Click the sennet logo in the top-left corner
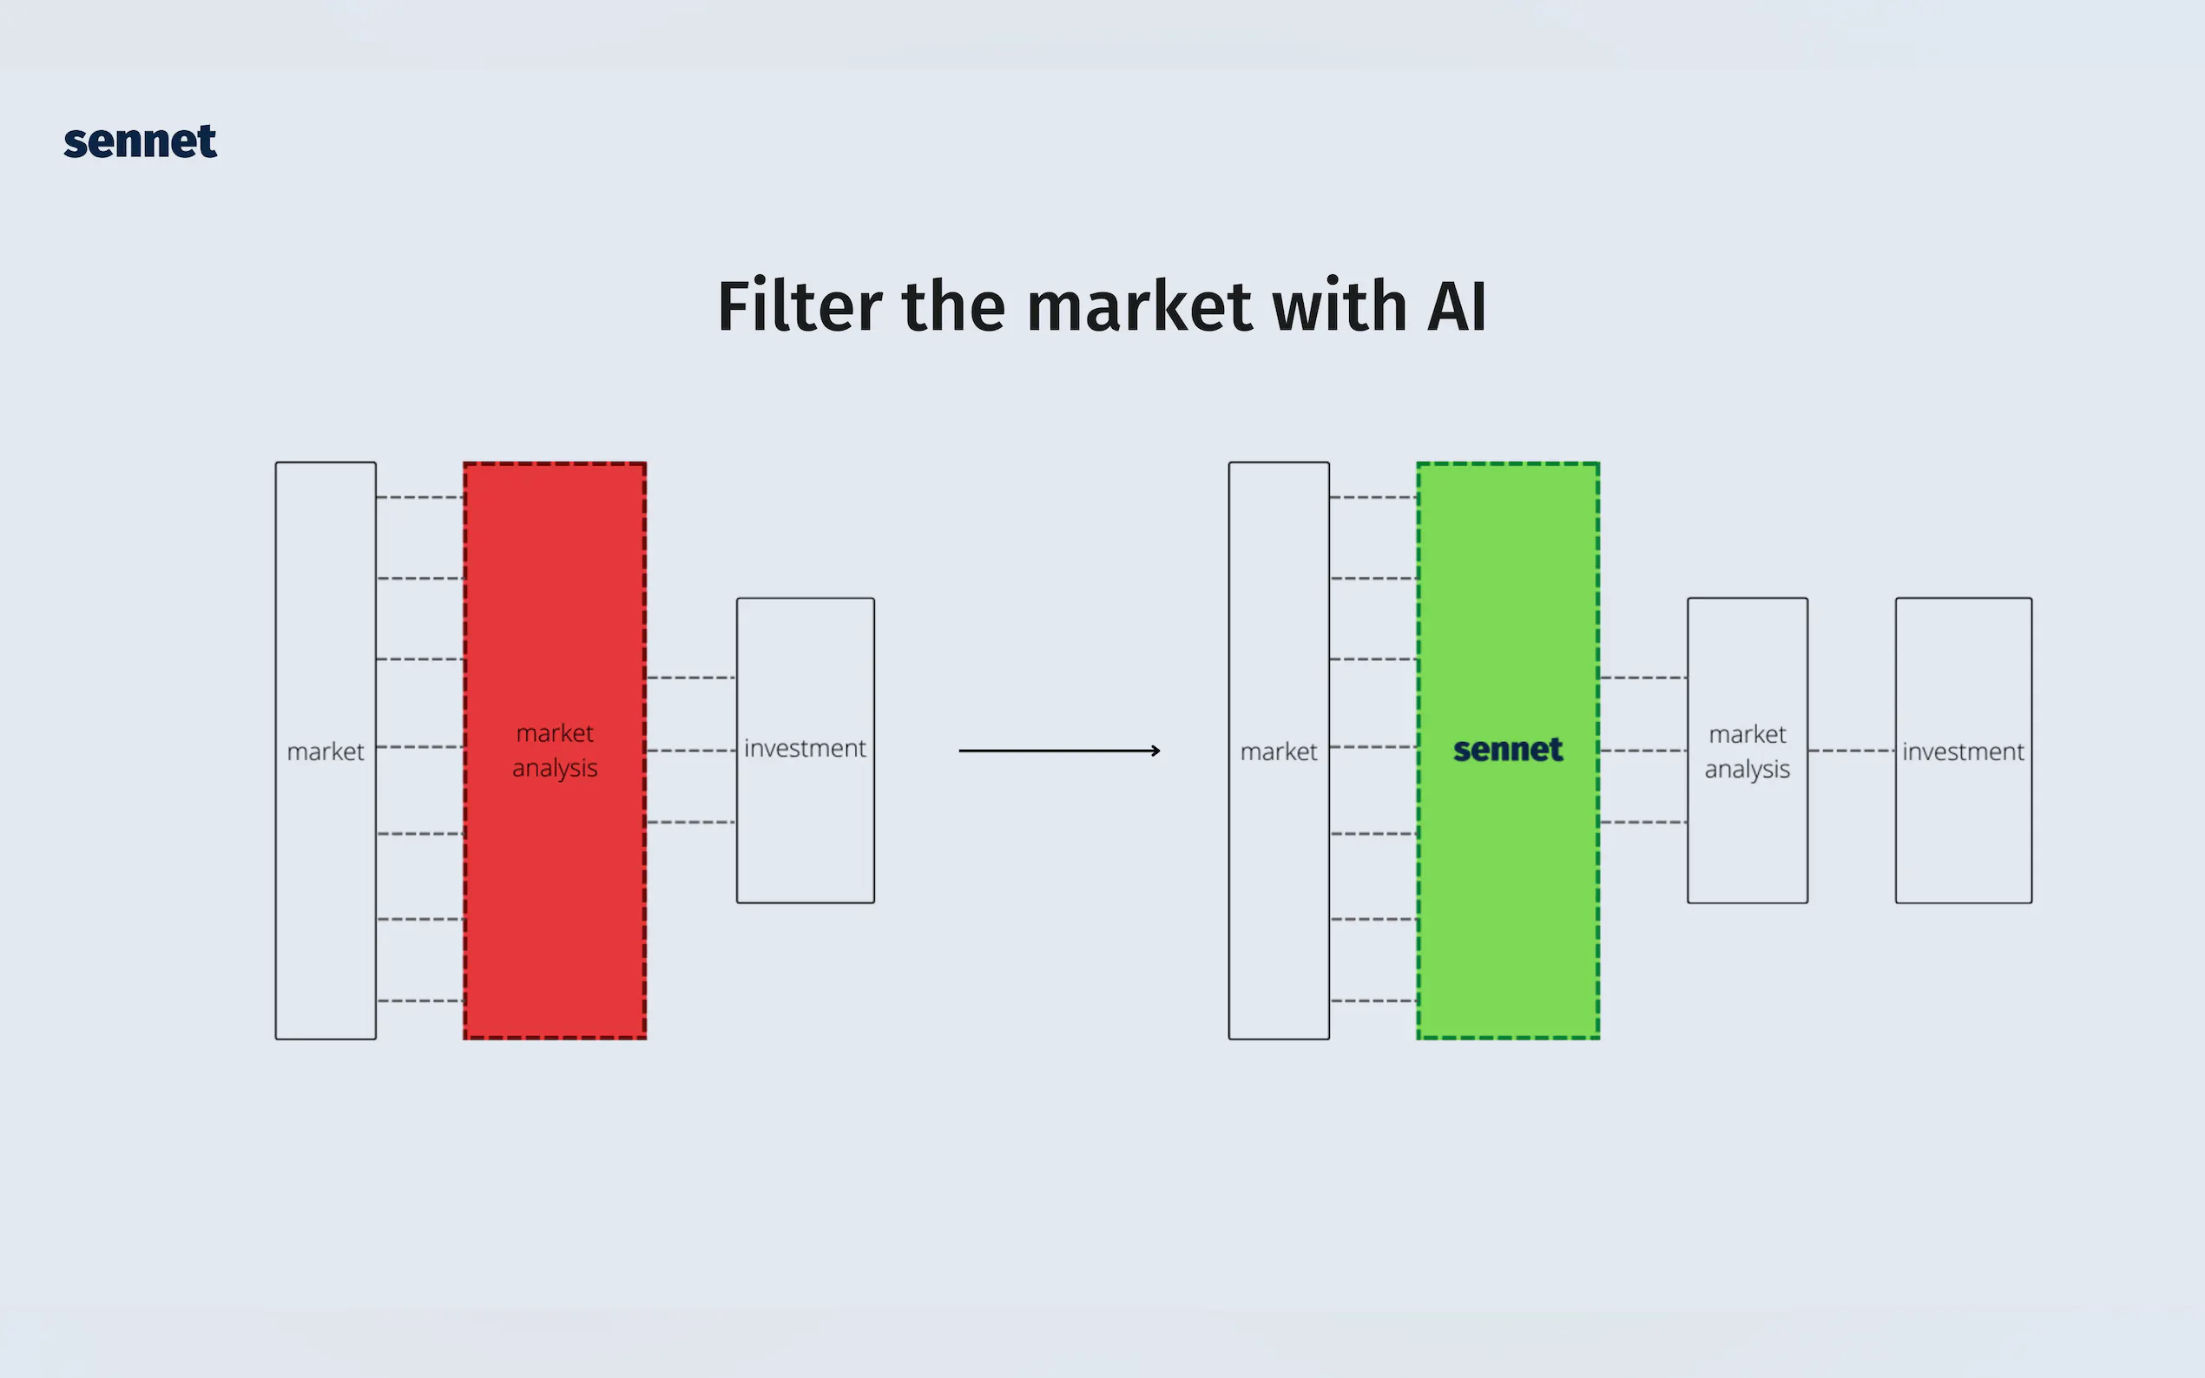click(141, 142)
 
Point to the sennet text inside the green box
click(1508, 750)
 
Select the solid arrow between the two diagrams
click(1057, 751)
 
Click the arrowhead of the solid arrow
click(1155, 751)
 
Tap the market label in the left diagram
click(326, 751)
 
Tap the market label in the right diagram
click(1278, 751)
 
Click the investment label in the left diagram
click(805, 748)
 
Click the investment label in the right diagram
click(1963, 751)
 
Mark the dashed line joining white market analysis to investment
click(1852, 751)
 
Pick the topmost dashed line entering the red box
click(420, 497)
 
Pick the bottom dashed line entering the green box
click(1372, 1001)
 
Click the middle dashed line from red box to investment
click(691, 751)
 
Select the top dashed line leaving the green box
click(1642, 678)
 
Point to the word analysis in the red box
click(554, 768)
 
